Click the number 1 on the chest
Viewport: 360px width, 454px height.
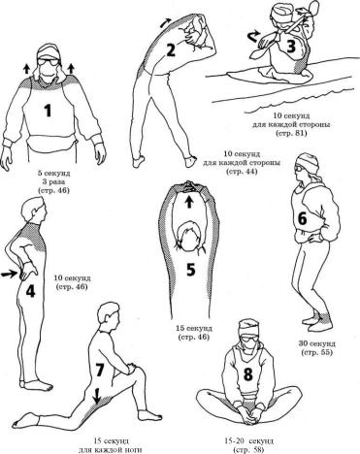pyautogui.click(x=48, y=112)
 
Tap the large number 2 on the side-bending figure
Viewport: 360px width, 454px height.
pyautogui.click(x=171, y=50)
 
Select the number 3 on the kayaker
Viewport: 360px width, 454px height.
pyautogui.click(x=291, y=47)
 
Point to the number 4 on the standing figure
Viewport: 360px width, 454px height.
pyautogui.click(x=30, y=292)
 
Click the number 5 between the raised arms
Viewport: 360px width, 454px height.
pyautogui.click(x=190, y=270)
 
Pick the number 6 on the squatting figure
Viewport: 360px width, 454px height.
pyautogui.click(x=302, y=219)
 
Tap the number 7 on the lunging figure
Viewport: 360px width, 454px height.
pyautogui.click(x=99, y=371)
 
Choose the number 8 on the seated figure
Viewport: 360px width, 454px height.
pyautogui.click(x=247, y=374)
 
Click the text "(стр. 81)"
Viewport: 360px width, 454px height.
pyautogui.click(x=290, y=133)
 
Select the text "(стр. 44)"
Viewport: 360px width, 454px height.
pyautogui.click(x=242, y=171)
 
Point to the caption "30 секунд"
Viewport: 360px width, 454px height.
pyautogui.click(x=317, y=343)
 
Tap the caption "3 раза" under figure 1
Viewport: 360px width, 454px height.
pyautogui.click(x=54, y=181)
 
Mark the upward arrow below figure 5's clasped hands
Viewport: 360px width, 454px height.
pyautogui.click(x=189, y=203)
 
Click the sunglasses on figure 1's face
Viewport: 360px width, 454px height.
pyautogui.click(x=48, y=62)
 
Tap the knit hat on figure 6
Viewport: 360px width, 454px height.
pyautogui.click(x=308, y=161)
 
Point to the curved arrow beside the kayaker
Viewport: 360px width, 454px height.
pyautogui.click(x=252, y=37)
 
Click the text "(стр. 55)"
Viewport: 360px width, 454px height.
pyautogui.click(x=316, y=352)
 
